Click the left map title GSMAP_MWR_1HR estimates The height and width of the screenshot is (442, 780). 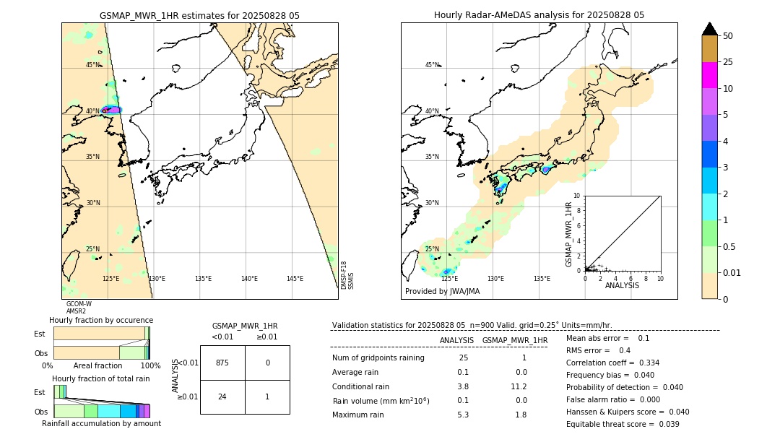199,15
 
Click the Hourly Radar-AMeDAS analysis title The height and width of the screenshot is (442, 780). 539,15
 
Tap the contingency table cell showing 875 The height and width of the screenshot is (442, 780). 222,363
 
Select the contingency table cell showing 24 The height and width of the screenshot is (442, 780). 222,396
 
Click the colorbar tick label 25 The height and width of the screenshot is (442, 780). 728,62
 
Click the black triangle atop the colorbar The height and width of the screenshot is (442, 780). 710,29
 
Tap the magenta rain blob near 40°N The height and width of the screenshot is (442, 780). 111,110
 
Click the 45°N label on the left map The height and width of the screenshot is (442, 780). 93,65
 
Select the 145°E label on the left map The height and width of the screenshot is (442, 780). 295,278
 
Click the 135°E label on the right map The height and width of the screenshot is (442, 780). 542,278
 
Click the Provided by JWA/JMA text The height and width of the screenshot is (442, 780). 442,291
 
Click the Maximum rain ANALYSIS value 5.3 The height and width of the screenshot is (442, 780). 463,415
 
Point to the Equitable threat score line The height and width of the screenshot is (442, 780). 623,424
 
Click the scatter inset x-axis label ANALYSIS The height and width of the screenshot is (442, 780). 622,285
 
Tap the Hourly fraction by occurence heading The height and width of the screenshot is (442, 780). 100,320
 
